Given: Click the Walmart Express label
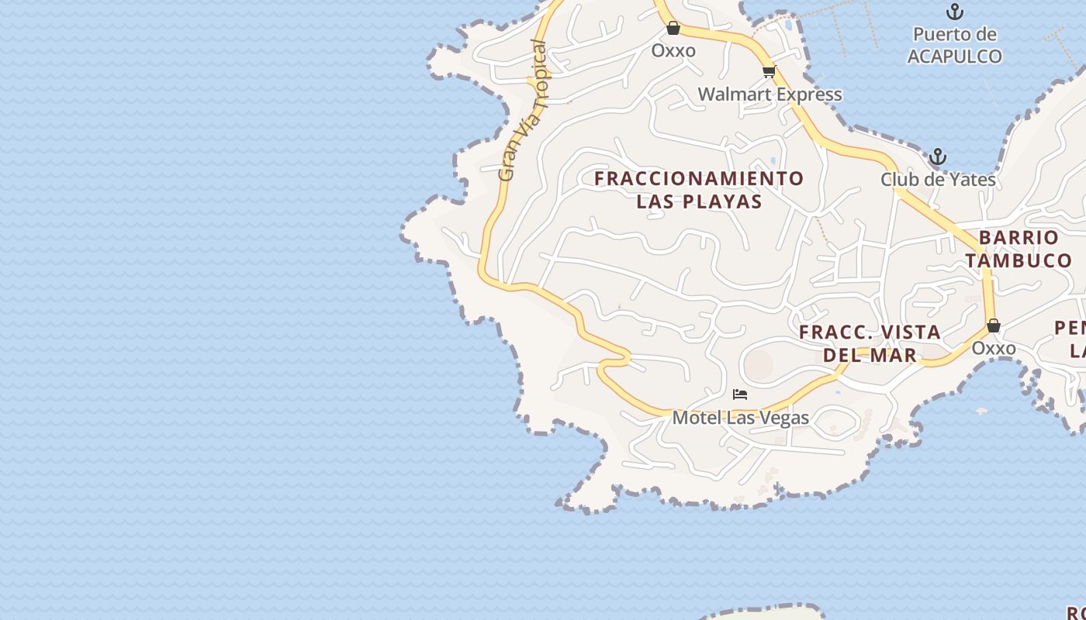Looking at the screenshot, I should click(770, 95).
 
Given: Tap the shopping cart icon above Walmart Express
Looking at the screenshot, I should click(769, 72).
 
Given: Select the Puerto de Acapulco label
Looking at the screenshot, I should click(954, 45).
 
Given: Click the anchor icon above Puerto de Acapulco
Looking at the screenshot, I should click(955, 12).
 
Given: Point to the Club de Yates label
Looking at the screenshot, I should click(938, 180).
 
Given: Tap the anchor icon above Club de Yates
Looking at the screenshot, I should click(938, 157).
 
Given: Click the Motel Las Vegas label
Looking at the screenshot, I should click(740, 418).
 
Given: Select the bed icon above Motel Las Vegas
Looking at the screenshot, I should click(740, 394).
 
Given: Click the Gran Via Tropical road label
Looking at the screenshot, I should click(524, 111).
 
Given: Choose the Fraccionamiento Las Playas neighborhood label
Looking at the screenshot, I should click(699, 190).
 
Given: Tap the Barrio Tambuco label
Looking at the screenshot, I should click(1019, 249).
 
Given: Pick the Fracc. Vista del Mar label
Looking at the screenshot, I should click(870, 343).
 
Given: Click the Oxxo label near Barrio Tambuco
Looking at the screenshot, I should click(994, 348).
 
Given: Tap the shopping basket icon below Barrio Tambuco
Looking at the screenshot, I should click(994, 325).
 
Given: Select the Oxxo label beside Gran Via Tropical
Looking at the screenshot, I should click(673, 50).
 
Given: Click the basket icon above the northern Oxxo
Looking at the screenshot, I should click(673, 29).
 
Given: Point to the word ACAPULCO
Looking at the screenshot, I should click(954, 57).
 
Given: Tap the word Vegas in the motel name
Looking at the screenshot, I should click(785, 418).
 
